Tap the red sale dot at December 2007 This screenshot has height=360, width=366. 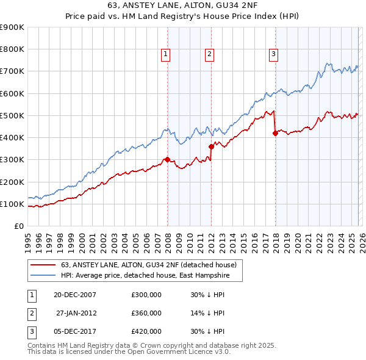[x=167, y=160]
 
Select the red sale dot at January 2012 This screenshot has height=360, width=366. [x=211, y=146]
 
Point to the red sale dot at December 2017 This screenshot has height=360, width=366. [x=275, y=134]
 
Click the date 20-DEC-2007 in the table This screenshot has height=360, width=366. [x=74, y=295]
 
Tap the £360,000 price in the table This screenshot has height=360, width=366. [x=146, y=313]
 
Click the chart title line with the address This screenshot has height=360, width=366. [x=183, y=7]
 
